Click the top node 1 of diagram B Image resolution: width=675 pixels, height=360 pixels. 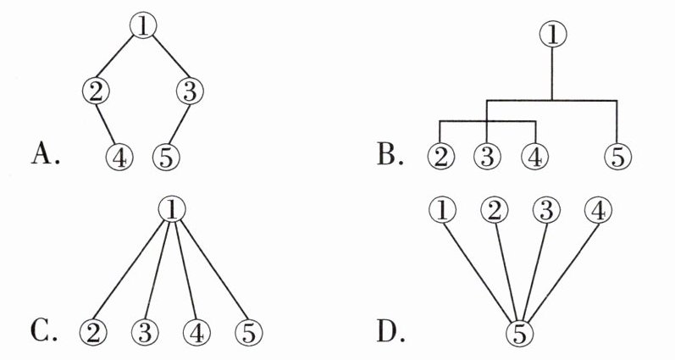pos(552,35)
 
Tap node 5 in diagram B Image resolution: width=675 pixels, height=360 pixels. pos(619,156)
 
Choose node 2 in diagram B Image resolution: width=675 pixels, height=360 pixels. pos(441,156)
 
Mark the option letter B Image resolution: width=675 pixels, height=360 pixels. pos(392,154)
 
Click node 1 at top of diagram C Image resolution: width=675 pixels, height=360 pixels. pos(172,207)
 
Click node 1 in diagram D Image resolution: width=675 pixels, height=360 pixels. pos(443,208)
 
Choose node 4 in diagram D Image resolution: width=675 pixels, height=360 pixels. pos(596,208)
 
